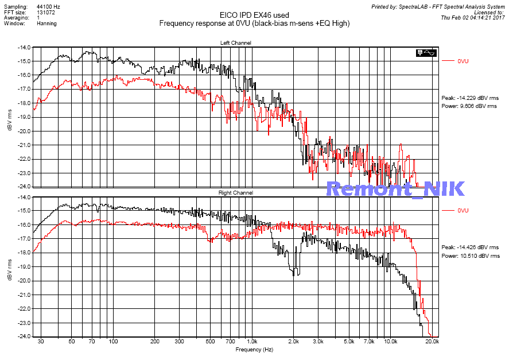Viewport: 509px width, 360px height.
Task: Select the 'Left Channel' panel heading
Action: (x=236, y=43)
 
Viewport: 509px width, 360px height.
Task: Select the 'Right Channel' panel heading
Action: (x=236, y=193)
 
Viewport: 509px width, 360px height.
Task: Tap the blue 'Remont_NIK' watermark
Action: (x=395, y=188)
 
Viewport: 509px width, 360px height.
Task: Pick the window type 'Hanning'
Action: (x=46, y=24)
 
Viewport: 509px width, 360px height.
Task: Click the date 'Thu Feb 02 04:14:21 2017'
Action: (x=472, y=18)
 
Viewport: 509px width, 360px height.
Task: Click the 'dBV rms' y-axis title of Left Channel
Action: (x=10, y=117)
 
